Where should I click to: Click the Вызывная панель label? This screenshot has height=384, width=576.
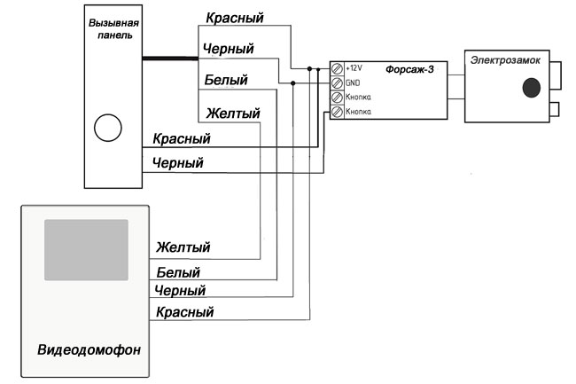(x=111, y=29)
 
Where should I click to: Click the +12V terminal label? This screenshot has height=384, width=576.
(x=354, y=68)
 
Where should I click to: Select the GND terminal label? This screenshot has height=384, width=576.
(x=352, y=82)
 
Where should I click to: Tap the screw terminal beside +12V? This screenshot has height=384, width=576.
(x=337, y=68)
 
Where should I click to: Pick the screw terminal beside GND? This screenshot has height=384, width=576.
(x=337, y=82)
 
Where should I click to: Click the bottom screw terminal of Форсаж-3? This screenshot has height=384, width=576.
(x=337, y=112)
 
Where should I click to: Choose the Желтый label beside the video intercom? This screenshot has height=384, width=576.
(x=183, y=247)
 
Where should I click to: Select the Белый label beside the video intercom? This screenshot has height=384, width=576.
(x=178, y=271)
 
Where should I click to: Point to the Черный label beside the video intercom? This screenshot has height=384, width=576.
(x=180, y=290)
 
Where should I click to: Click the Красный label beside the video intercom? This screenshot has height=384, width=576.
(x=184, y=311)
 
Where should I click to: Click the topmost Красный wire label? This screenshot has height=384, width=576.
(x=234, y=18)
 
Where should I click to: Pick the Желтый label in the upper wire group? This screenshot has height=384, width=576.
(x=232, y=114)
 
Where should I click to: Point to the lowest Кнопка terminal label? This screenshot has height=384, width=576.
(x=357, y=112)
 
